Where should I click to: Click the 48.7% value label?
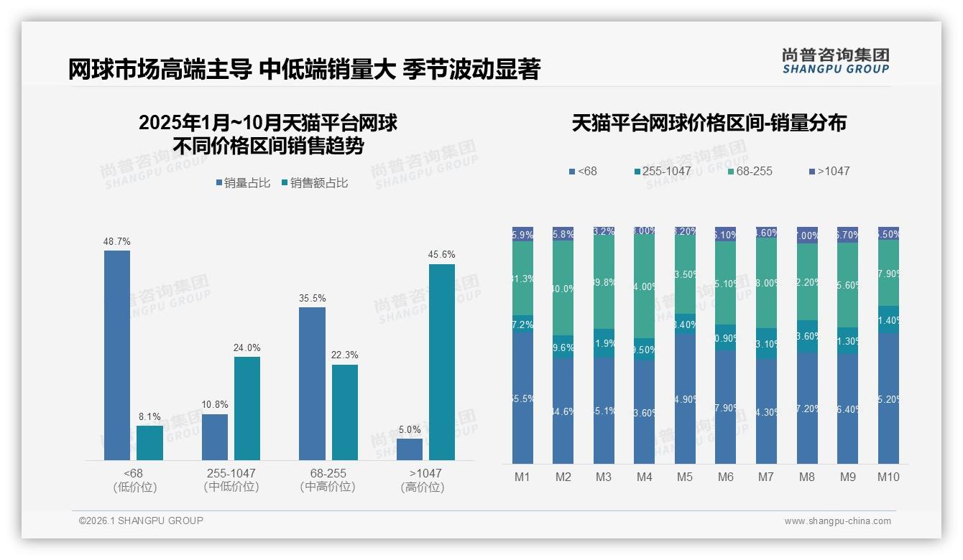117,241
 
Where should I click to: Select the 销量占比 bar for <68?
117,355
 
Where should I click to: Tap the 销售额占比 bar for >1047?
442,362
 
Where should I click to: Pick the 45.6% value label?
442,255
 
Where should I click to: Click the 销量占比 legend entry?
243,183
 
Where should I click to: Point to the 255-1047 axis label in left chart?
231,474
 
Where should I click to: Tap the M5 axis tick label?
685,477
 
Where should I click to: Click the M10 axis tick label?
888,477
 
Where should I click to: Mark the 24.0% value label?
246,348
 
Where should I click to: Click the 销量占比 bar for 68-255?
312,383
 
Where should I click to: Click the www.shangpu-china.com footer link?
837,521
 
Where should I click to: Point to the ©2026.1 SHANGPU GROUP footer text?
141,521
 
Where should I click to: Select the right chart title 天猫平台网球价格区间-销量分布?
709,123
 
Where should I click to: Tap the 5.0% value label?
410,429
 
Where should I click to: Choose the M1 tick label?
522,477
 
